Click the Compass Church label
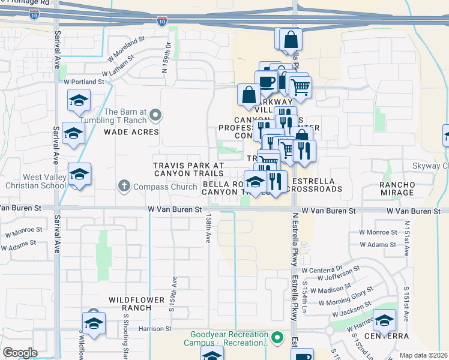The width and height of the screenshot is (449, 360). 166,187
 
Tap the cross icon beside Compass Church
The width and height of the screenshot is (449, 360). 124,187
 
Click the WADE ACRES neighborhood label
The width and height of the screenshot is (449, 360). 131,132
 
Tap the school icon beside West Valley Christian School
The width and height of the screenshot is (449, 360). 79,175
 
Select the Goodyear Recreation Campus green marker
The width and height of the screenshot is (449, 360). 277,338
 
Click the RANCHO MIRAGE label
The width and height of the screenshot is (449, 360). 397,188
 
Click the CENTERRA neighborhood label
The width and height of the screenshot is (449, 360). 391,336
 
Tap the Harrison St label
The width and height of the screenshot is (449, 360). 155,329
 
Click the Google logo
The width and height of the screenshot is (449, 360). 20,353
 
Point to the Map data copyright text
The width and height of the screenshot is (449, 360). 423,355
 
